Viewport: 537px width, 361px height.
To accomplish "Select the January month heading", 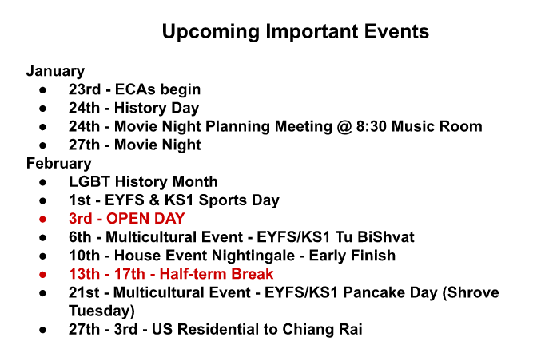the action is tap(55, 72).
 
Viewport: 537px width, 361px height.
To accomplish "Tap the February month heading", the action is tap(59, 164).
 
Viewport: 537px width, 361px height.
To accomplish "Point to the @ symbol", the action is tap(344, 127).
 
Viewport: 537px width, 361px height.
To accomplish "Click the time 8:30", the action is tap(372, 126).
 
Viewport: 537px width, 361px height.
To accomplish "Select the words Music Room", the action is tap(436, 126).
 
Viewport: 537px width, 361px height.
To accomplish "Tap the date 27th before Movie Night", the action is tap(84, 145).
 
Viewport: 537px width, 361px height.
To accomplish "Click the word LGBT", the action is tap(90, 181).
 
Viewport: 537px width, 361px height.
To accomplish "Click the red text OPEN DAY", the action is tap(145, 219).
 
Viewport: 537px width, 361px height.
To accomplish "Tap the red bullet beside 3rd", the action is tap(42, 220).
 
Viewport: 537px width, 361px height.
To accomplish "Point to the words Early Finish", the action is tap(352, 256).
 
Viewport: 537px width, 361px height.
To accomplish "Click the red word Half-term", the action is tap(193, 274).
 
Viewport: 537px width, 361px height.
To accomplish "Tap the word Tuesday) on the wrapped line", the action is tap(101, 311).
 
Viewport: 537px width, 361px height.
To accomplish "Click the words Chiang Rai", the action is tap(322, 330).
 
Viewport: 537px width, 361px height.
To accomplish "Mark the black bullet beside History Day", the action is tap(42, 109).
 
